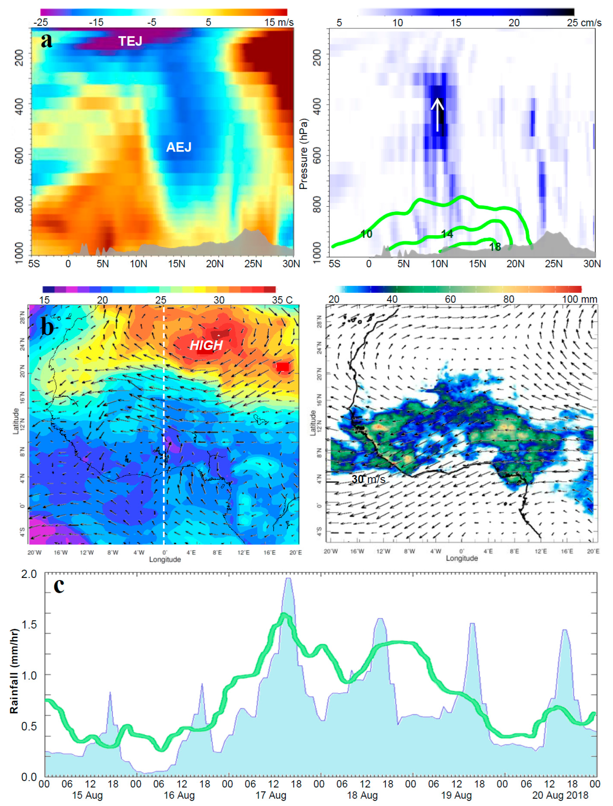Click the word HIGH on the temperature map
pyautogui.click(x=206, y=345)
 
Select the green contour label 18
pyautogui.click(x=495, y=247)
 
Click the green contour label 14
pyautogui.click(x=447, y=234)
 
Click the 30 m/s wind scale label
pyautogui.click(x=368, y=479)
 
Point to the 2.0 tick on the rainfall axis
pyautogui.click(x=29, y=574)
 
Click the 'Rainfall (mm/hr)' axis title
pyautogui.click(x=14, y=671)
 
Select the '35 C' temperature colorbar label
pyautogui.click(x=282, y=300)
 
